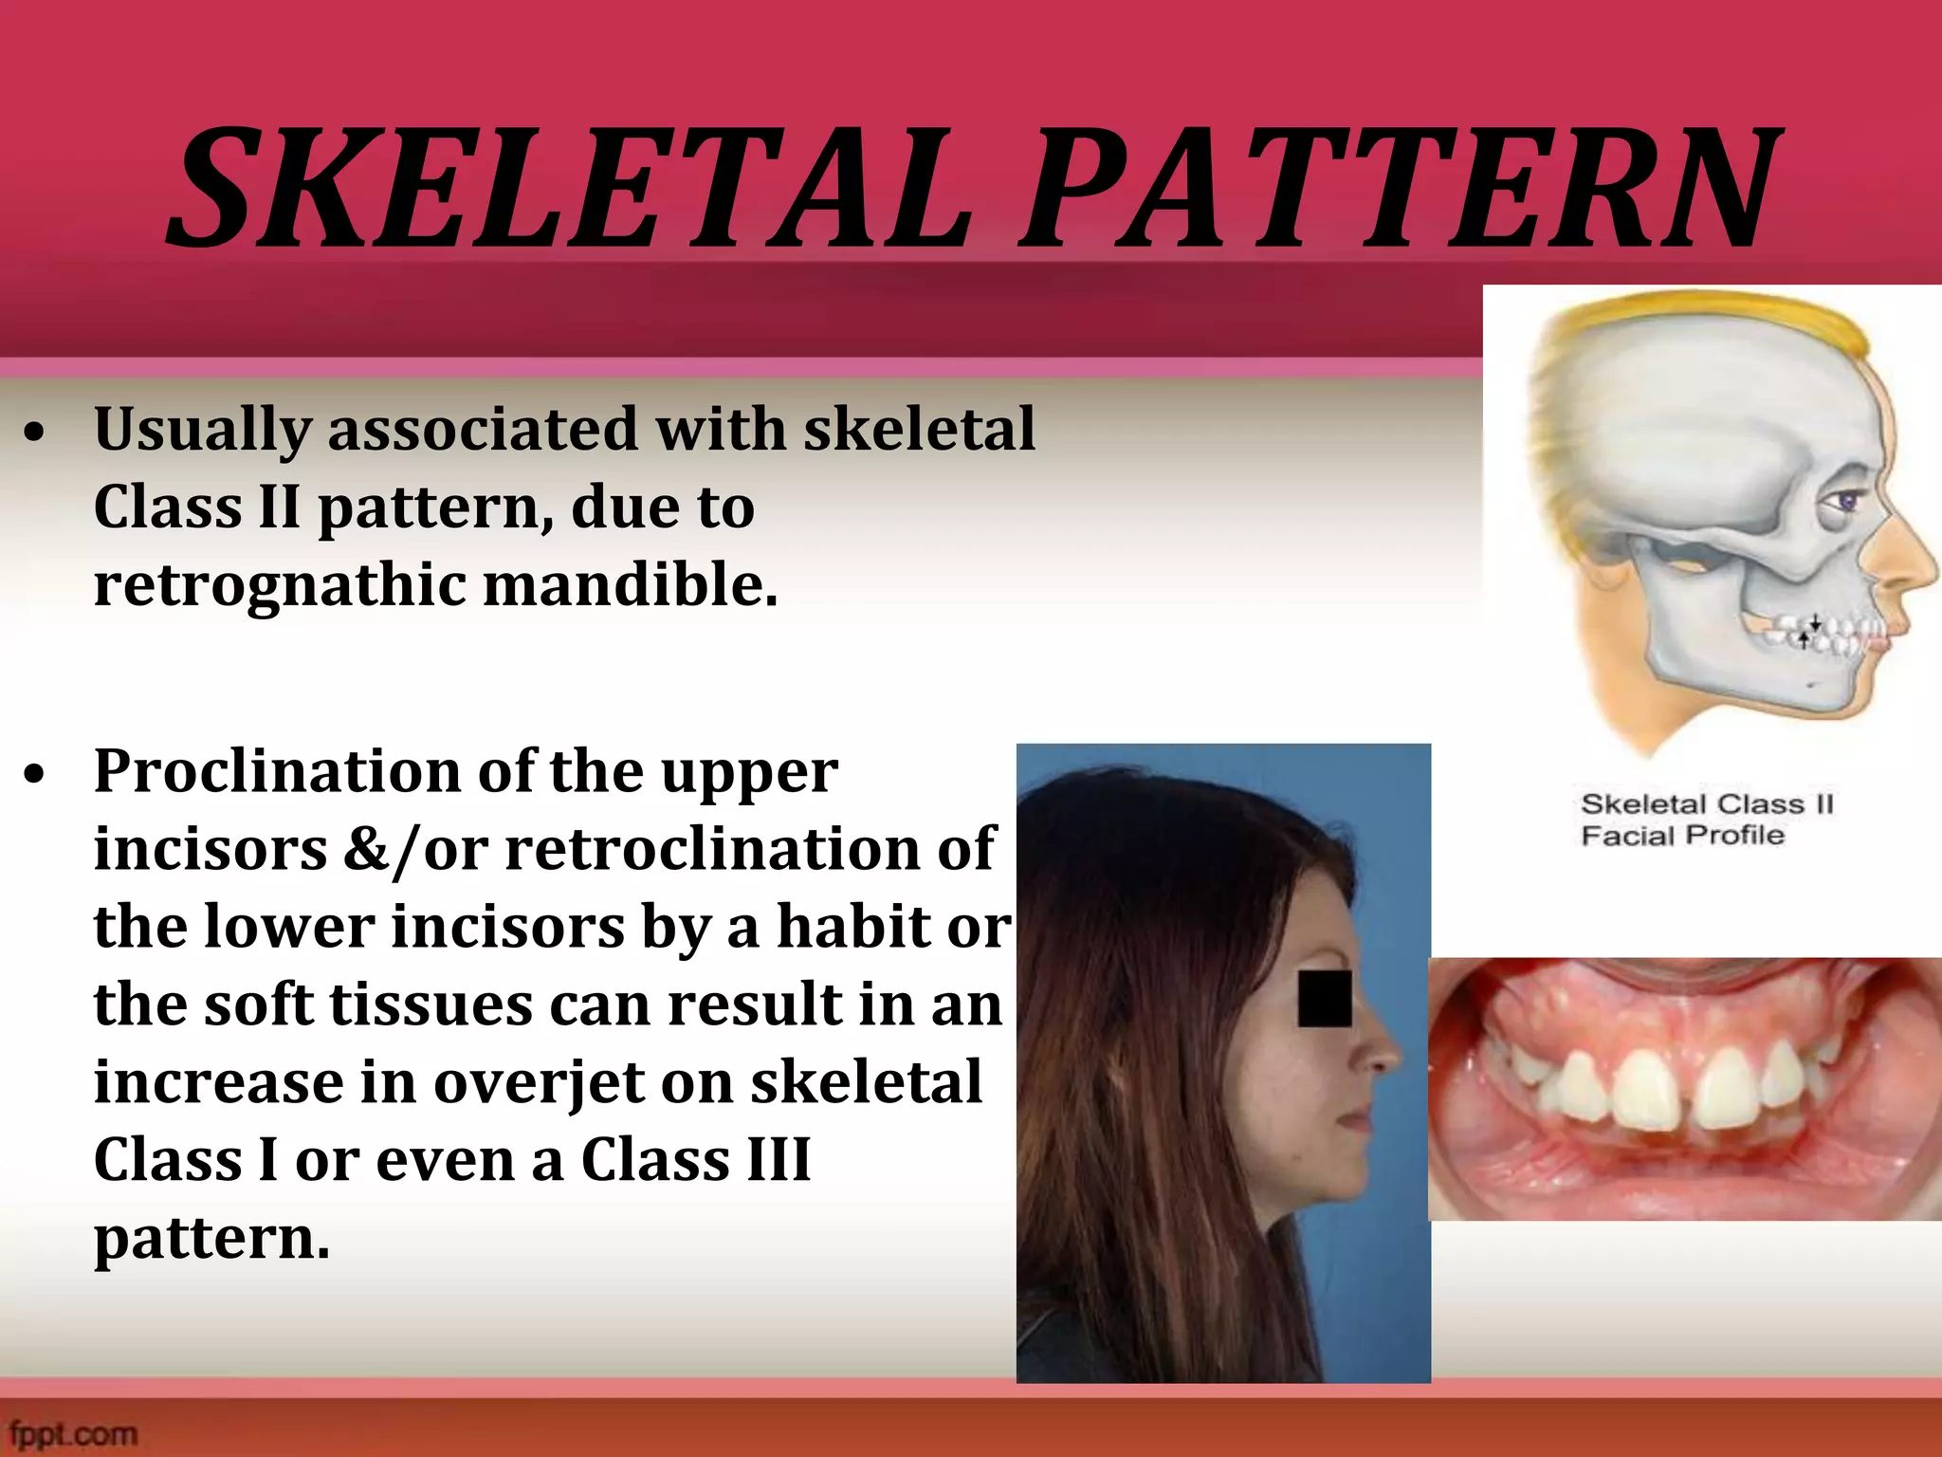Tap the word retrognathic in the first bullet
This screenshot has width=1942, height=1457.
click(x=280, y=585)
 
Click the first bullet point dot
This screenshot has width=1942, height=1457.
click(x=35, y=433)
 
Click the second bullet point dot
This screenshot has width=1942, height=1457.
click(x=35, y=775)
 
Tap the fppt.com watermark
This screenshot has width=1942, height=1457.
click(x=74, y=1433)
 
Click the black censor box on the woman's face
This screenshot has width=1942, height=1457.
click(x=1324, y=999)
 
